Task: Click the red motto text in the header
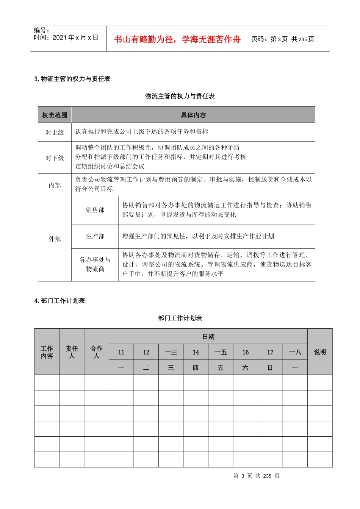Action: click(x=177, y=39)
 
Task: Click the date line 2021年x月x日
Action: click(x=66, y=37)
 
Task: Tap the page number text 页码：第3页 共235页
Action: click(x=283, y=39)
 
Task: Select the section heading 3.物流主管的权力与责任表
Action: click(x=72, y=79)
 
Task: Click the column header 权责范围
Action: click(x=55, y=115)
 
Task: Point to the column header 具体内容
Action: click(x=193, y=115)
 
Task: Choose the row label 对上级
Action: click(x=55, y=132)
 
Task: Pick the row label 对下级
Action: click(x=55, y=158)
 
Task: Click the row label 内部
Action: click(x=55, y=185)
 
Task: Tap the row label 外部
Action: click(x=55, y=239)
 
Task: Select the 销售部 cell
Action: click(x=95, y=210)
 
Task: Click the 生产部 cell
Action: click(x=95, y=236)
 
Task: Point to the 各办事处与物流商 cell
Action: click(x=95, y=264)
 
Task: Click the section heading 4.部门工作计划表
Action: click(x=60, y=301)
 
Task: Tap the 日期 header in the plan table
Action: click(x=208, y=337)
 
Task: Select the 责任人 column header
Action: click(x=72, y=352)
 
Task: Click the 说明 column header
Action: click(x=320, y=352)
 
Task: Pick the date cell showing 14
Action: click(x=196, y=352)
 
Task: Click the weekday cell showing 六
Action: click(x=245, y=367)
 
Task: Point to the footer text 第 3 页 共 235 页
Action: click(x=257, y=476)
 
